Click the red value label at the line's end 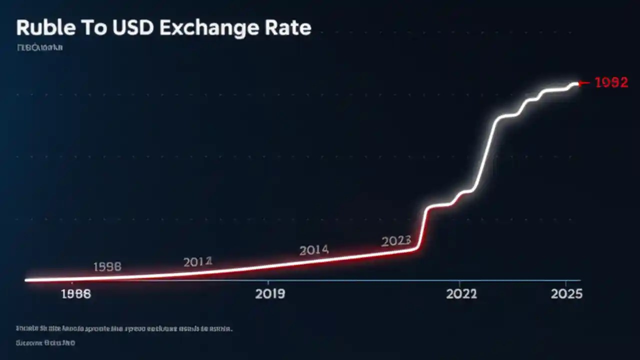611,83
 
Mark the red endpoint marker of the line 580,83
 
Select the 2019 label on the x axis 270,294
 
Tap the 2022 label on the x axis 461,294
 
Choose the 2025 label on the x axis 566,294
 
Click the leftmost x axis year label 76,294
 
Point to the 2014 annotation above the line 313,250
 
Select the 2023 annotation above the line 396,241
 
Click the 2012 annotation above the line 197,261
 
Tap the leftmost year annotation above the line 107,267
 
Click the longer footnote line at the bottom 124,329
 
